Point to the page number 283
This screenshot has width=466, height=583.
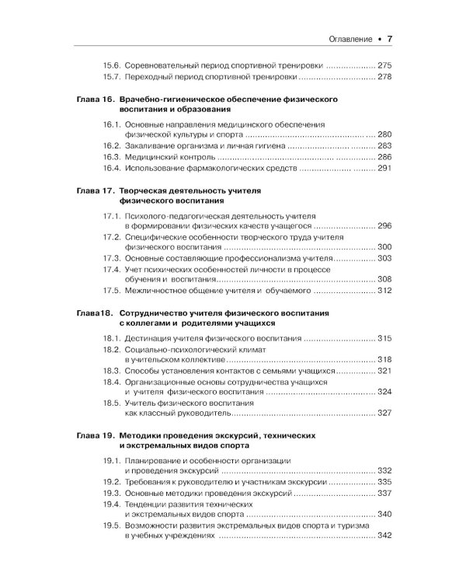point(385,145)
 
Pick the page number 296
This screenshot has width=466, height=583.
point(385,225)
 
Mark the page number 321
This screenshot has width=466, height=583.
point(385,372)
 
